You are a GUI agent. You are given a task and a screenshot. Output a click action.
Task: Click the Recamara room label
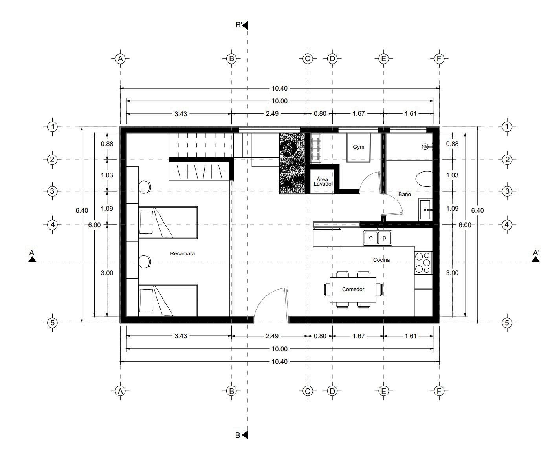[182, 253]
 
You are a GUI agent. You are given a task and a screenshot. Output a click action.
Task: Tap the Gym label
[358, 147]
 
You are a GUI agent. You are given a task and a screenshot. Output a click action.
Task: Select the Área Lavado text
[322, 181]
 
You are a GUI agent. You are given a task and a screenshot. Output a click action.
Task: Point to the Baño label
[405, 194]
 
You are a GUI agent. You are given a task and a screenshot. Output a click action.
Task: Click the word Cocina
[381, 260]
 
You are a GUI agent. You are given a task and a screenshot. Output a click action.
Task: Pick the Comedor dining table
[353, 290]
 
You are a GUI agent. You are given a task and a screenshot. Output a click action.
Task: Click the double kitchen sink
[378, 238]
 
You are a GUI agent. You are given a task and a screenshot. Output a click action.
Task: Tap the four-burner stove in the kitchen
[423, 263]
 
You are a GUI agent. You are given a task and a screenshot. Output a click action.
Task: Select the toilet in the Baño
[424, 179]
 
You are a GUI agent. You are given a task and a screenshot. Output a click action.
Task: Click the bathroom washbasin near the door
[425, 210]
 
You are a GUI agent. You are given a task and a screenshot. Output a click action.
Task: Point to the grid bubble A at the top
[120, 59]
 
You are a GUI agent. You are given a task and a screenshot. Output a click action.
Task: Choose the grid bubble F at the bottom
[439, 392]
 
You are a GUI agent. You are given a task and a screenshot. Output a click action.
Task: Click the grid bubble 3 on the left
[52, 191]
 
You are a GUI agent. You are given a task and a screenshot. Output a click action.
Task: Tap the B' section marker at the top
[242, 25]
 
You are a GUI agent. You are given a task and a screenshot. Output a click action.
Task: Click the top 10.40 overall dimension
[280, 88]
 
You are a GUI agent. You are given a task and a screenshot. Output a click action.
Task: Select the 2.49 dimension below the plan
[272, 336]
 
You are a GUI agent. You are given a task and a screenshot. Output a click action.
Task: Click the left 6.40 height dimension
[82, 210]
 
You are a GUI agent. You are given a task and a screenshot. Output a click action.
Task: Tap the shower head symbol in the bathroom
[425, 147]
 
